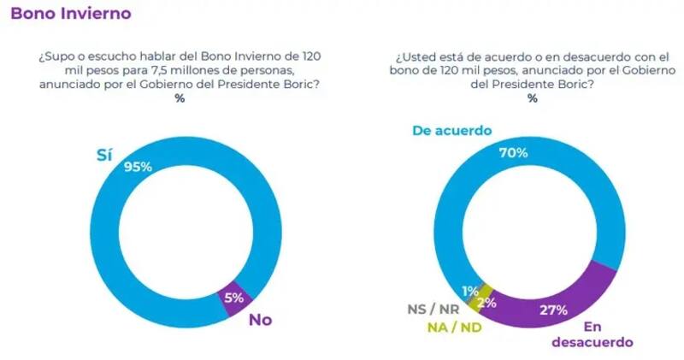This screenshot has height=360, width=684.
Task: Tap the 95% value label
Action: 139,167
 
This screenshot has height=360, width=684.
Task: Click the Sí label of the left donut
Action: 103,156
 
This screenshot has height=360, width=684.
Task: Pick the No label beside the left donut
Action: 259,320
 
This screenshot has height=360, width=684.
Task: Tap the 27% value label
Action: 553,310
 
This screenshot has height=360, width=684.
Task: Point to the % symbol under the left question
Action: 180,98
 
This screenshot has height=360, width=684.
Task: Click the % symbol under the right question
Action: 532,98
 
